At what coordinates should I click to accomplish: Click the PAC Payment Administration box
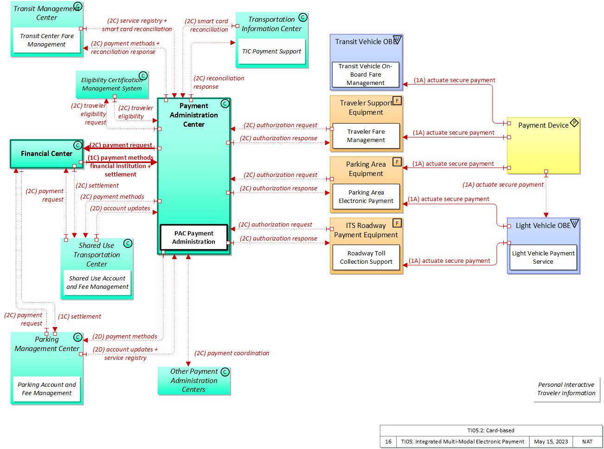click(194, 237)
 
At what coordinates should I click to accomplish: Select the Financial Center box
click(46, 154)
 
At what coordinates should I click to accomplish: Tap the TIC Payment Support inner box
click(271, 52)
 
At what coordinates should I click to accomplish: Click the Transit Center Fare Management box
click(46, 40)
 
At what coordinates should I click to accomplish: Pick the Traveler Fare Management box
click(366, 136)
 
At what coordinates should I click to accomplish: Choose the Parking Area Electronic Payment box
click(366, 197)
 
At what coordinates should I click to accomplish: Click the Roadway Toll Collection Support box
click(366, 258)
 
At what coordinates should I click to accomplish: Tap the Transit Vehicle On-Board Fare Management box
click(366, 75)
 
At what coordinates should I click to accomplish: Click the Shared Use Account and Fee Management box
click(97, 283)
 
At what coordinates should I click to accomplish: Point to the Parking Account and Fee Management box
click(46, 389)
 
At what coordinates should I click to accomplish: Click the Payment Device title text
click(543, 125)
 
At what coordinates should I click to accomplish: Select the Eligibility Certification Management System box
click(112, 85)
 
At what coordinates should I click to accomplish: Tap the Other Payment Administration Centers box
click(193, 381)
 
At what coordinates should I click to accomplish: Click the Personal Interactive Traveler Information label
click(566, 389)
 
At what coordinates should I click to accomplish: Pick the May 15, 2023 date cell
click(551, 442)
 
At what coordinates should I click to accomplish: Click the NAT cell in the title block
click(587, 442)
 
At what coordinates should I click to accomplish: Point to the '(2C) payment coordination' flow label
click(231, 353)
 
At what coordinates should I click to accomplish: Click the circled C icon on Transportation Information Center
click(303, 18)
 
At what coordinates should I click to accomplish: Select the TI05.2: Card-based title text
click(490, 430)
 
